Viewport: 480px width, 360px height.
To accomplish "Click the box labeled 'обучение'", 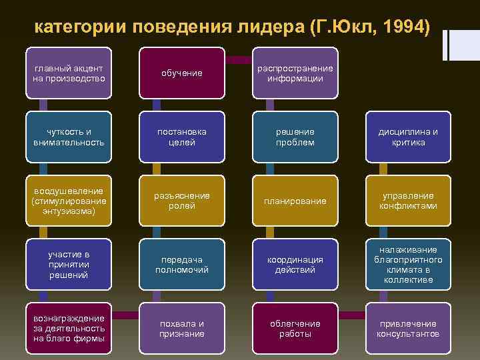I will [x=182, y=73].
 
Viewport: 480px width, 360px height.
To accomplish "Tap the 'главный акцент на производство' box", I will [x=68, y=73].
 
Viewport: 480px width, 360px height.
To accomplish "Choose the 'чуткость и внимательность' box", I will [x=68, y=137].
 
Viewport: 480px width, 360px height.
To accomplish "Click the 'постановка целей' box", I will [x=182, y=137].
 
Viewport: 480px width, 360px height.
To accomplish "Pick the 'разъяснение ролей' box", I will [x=182, y=201].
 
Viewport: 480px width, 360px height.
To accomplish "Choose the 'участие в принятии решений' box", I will [x=68, y=265].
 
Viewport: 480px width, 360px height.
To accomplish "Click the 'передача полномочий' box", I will [x=182, y=265].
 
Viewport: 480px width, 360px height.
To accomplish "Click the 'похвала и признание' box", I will [x=182, y=329].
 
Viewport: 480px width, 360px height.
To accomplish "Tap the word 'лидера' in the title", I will [x=262, y=27].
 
